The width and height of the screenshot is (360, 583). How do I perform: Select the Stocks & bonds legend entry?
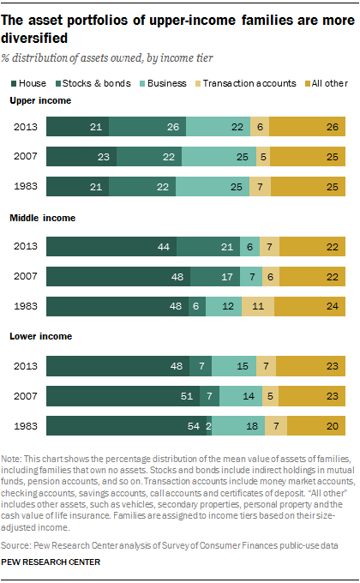(x=93, y=83)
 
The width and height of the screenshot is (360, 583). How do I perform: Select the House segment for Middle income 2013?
(x=111, y=246)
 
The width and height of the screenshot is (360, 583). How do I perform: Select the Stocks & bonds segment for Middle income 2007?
(x=215, y=276)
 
